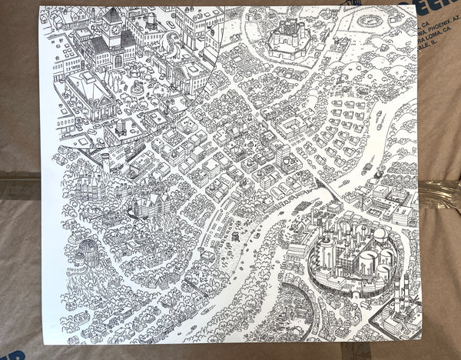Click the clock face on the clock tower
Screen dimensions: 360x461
[114, 32]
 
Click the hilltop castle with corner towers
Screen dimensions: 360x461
[290, 38]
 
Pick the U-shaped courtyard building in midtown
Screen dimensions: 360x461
[289, 126]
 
